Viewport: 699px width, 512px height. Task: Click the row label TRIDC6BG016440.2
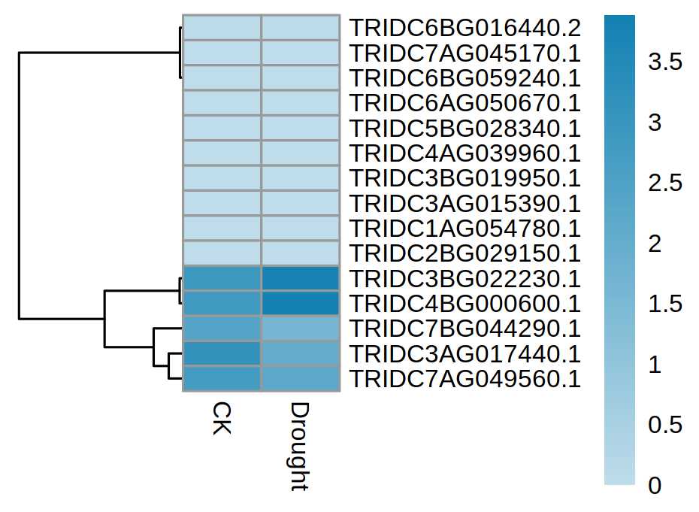(x=464, y=29)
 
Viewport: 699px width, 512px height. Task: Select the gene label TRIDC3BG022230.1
(x=464, y=279)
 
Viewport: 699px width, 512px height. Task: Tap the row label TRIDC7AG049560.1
(x=464, y=379)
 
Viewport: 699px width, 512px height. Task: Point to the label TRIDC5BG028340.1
(x=464, y=129)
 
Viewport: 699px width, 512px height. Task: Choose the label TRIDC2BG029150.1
(x=464, y=253)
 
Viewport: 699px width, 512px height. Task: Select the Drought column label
(x=300, y=447)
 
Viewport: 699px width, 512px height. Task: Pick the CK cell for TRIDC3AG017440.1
(x=222, y=353)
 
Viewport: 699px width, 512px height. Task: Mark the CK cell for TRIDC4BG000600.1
(x=222, y=304)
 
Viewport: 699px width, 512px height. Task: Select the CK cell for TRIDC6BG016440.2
(x=222, y=28)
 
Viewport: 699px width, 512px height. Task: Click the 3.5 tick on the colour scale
(x=665, y=62)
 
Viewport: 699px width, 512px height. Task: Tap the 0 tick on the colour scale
(x=654, y=486)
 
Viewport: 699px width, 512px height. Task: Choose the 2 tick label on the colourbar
(x=654, y=244)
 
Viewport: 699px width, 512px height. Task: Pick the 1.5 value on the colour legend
(x=665, y=304)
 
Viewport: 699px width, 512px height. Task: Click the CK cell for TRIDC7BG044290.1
(x=222, y=329)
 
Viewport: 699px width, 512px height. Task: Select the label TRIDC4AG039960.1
(x=464, y=153)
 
